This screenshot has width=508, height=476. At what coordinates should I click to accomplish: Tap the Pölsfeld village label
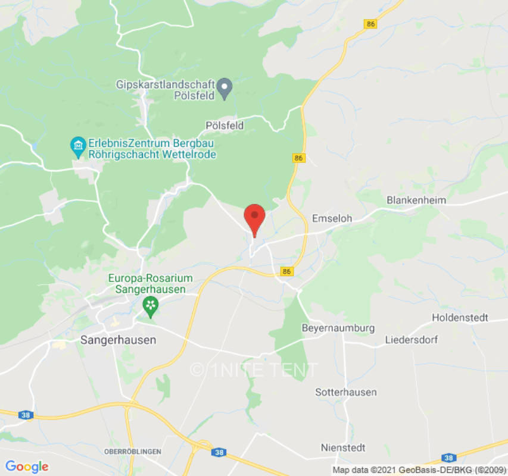coord(225,125)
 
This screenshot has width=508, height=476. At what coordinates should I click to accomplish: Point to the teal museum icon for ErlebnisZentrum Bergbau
coord(77,145)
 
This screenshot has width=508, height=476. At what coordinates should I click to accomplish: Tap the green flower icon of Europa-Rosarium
coord(151,306)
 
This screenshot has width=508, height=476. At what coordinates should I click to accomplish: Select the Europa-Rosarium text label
coord(151,278)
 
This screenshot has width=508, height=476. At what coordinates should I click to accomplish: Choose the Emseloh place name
coord(332,218)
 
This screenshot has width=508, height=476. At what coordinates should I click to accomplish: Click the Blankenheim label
coord(416,200)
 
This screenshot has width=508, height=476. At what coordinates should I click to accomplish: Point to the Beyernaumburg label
coord(338,328)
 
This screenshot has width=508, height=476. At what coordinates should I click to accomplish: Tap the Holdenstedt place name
coord(460,318)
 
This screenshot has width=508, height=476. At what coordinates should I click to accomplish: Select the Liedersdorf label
coord(412,340)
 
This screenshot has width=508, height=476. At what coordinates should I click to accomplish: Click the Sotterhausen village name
coord(346,392)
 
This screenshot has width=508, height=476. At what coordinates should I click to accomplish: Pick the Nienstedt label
coord(343,447)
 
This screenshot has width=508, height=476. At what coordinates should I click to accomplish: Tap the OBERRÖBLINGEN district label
coord(132,452)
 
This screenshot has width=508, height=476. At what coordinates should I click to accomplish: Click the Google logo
coord(26,466)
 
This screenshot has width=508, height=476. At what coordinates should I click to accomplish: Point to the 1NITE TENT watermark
coord(254,370)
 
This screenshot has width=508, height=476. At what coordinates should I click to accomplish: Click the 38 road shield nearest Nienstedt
coord(448,458)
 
